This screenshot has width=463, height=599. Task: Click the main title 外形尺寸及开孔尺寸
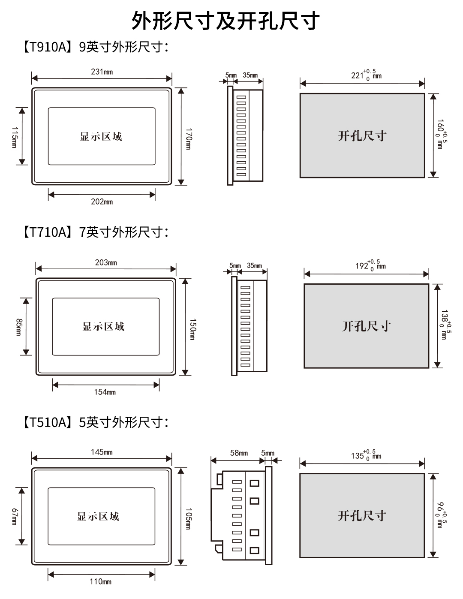pyautogui.click(x=225, y=21)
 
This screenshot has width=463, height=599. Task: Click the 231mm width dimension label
pyautogui.click(x=102, y=72)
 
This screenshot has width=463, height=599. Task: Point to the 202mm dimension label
pyautogui.click(x=102, y=202)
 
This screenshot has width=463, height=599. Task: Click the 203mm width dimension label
pyautogui.click(x=106, y=262)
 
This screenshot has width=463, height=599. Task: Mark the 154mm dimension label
pyautogui.click(x=105, y=392)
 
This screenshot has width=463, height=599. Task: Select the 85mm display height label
pyautogui.click(x=18, y=327)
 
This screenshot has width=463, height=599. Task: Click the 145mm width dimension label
pyautogui.click(x=102, y=452)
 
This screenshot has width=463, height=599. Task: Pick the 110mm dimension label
pyautogui.click(x=100, y=581)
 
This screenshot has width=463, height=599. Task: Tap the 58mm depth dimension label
pyautogui.click(x=239, y=453)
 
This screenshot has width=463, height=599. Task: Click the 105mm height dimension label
pyautogui.click(x=188, y=518)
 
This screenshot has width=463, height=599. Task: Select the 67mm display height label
pyautogui.click(x=14, y=517)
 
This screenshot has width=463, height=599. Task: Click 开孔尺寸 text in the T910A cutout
pyautogui.click(x=362, y=136)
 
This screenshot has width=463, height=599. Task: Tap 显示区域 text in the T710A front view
pyautogui.click(x=104, y=327)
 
